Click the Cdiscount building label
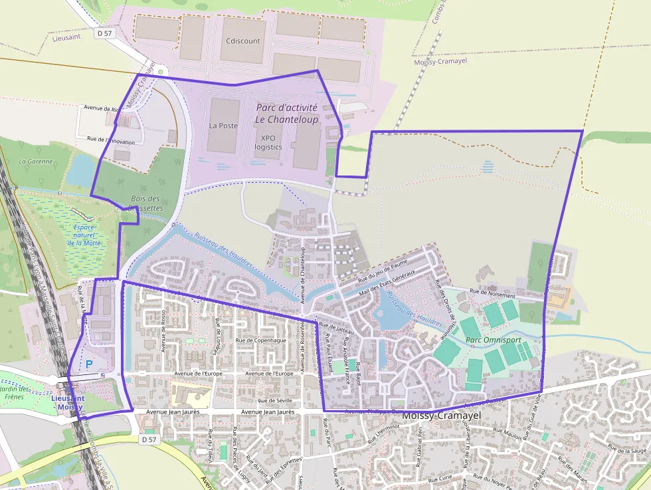coord(242,41)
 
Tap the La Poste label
coord(223,125)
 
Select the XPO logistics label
coord(268,142)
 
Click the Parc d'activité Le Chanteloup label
coord(287,113)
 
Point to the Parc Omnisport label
coord(493,340)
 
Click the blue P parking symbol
coord(89,364)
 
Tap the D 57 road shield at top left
coord(104,33)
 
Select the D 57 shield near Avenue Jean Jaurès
coord(150,439)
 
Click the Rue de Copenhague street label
coord(260,340)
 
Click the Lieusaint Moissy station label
coord(70,402)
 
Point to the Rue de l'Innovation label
coord(111,142)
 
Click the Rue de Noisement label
coord(492,292)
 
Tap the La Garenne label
coord(31,161)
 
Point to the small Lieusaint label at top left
coord(66,37)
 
